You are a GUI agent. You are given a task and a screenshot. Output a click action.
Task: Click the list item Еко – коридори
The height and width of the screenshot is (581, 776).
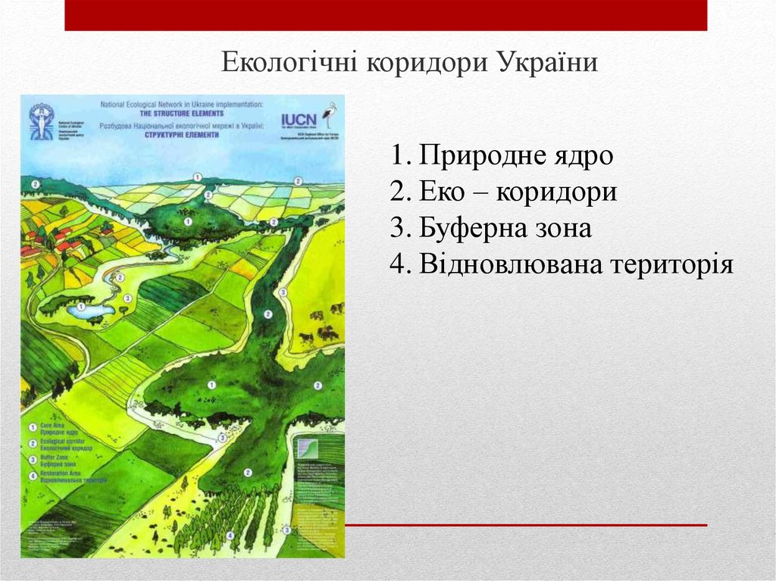(x=504, y=192)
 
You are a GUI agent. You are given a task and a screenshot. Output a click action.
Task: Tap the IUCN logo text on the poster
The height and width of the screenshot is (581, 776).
(x=297, y=120)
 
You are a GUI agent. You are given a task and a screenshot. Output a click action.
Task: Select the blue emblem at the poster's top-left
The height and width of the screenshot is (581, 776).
(x=41, y=122)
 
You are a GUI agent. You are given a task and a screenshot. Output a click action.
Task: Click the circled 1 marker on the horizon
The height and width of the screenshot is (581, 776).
(x=198, y=176)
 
